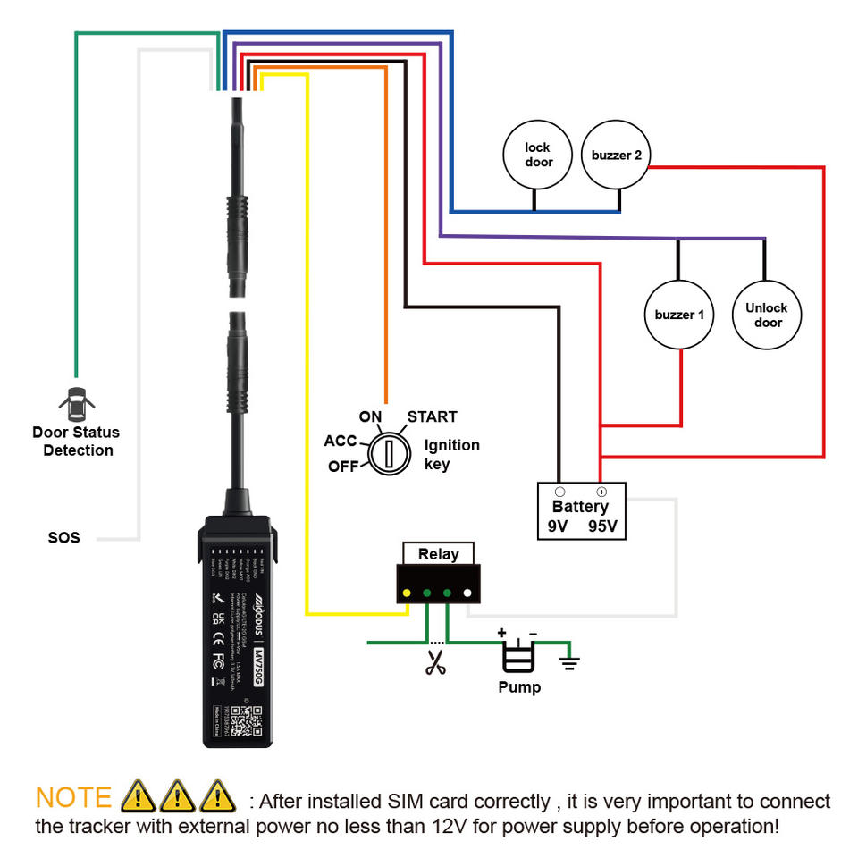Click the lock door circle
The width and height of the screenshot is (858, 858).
click(538, 155)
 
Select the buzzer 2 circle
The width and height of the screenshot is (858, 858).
click(617, 155)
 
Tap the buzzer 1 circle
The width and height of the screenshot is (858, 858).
click(679, 315)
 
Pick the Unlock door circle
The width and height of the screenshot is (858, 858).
click(767, 315)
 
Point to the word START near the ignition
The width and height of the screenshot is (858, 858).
click(433, 416)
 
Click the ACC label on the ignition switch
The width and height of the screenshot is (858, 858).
click(341, 441)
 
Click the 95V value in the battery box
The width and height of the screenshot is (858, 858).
click(602, 526)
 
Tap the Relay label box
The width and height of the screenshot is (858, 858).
click(438, 554)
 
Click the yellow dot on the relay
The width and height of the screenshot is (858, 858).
click(408, 592)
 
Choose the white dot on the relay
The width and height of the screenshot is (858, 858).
click(467, 592)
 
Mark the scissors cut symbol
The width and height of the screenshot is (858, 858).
click(435, 663)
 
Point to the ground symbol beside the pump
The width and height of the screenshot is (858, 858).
click(568, 662)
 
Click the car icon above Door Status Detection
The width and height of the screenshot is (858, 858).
click(76, 405)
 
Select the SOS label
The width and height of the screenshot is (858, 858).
click(63, 538)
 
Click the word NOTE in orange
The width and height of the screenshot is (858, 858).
click(73, 797)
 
